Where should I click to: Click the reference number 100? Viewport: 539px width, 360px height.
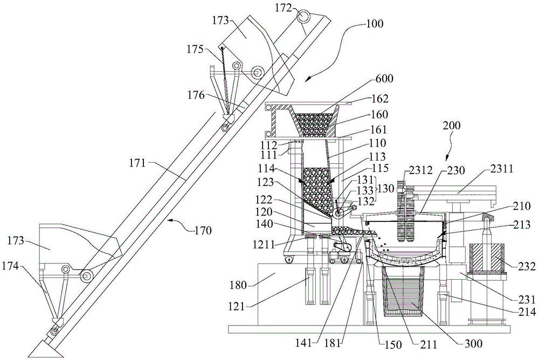pos(375,24)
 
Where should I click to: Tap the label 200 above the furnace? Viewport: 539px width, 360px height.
pos(451,126)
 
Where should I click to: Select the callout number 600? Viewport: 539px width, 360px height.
pos(384,79)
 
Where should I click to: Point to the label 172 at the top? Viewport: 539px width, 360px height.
pos(284,8)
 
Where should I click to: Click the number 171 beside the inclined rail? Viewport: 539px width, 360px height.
pos(138,163)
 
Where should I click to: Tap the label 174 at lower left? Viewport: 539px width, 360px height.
pos(10,266)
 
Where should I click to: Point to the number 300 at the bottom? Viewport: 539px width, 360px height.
pos(474,343)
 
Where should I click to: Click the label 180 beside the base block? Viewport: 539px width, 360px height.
pos(239,285)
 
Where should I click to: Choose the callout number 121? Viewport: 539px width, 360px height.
pos(237,306)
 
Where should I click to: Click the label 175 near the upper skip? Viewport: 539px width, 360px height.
pos(195,49)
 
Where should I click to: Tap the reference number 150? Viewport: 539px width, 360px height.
pos(393,344)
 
